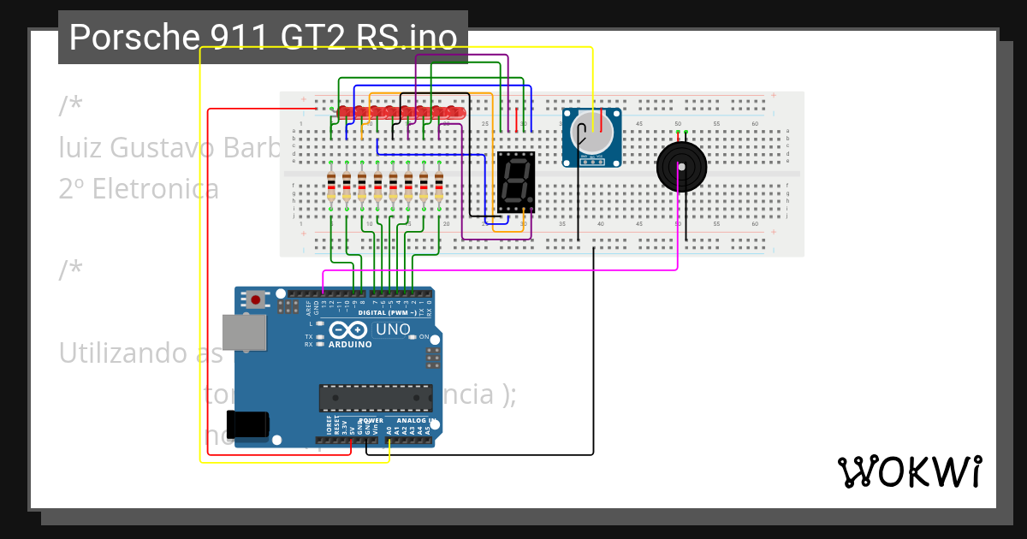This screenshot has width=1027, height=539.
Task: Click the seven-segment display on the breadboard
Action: point(516,182)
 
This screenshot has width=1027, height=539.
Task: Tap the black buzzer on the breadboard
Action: point(681,166)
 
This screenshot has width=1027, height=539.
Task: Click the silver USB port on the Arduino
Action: point(244,333)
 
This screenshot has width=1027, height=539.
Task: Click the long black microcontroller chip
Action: point(376,398)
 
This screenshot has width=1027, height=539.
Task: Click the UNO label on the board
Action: point(393,329)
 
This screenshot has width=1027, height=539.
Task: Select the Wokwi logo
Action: point(909,471)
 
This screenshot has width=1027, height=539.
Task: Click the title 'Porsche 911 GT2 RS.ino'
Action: point(263,38)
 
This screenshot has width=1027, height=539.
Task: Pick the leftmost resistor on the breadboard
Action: point(331,187)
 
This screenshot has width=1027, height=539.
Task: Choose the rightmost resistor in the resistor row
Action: point(439,187)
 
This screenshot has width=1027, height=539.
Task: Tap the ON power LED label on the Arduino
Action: point(424,337)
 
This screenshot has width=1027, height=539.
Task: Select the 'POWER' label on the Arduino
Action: point(371,420)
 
